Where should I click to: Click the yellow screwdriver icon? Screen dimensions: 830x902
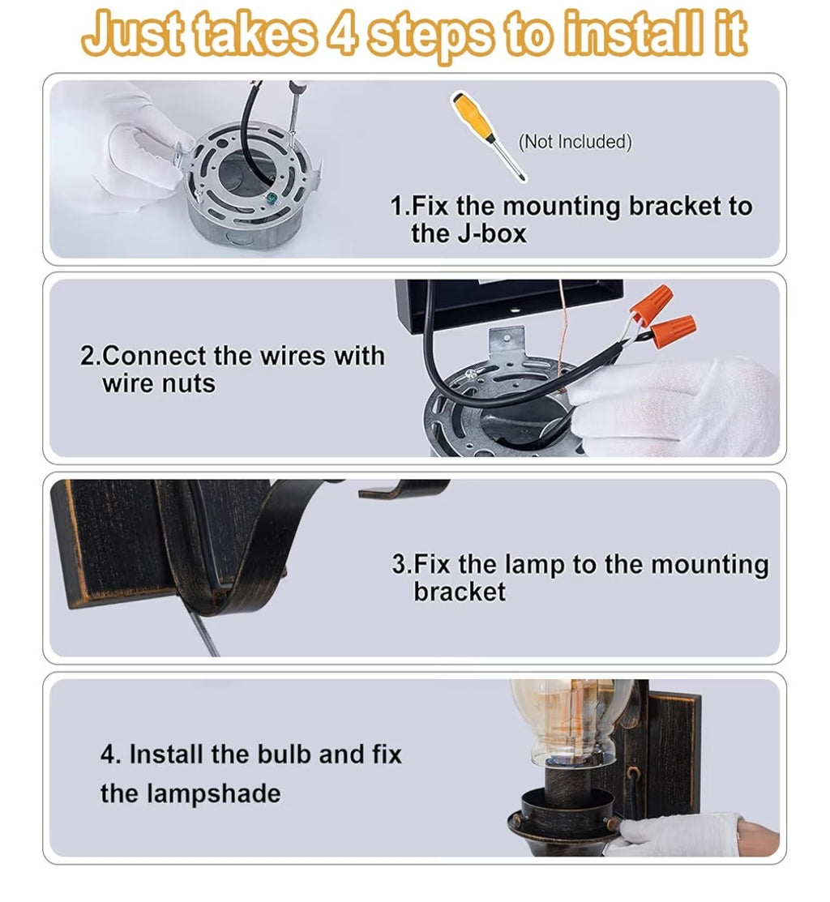(x=489, y=136)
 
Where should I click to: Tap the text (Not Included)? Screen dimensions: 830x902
(x=575, y=142)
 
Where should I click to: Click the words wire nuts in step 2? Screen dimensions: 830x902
(x=159, y=383)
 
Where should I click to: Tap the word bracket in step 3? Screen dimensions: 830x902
(x=460, y=592)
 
